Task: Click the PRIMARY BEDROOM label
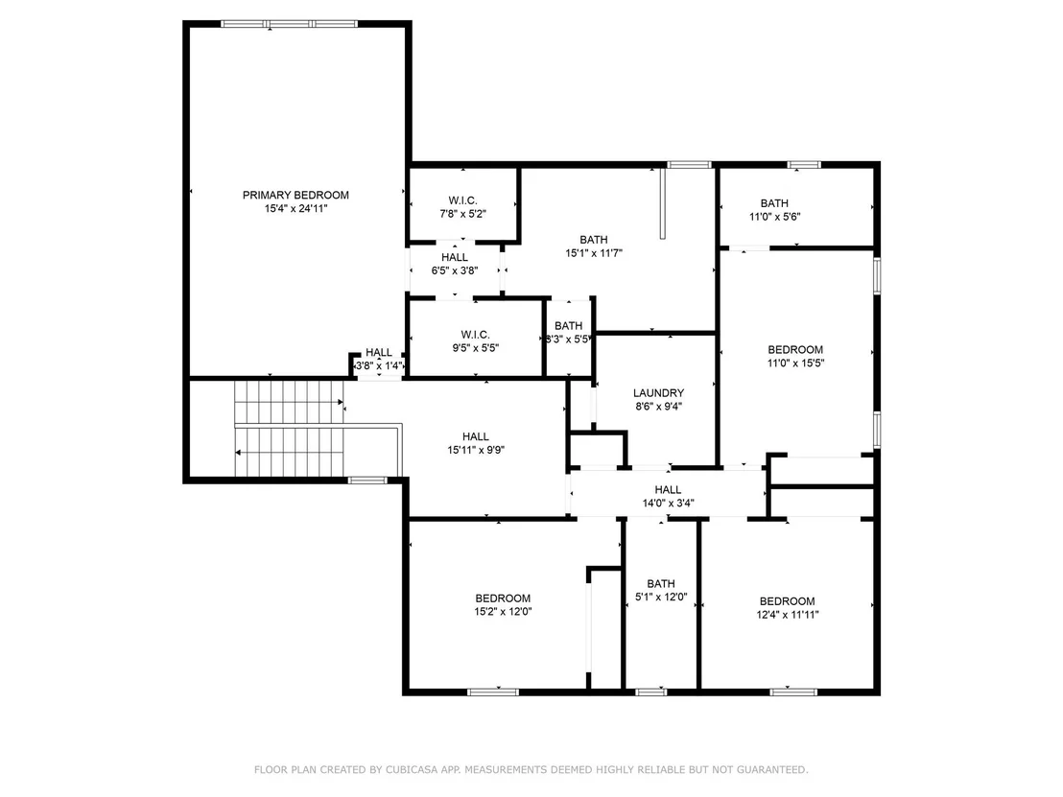click(x=295, y=196)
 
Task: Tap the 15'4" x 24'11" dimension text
click(x=295, y=209)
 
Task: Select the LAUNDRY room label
click(x=658, y=393)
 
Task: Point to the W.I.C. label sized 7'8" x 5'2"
click(x=463, y=200)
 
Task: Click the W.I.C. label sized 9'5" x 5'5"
click(x=475, y=335)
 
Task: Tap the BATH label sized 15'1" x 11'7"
click(x=594, y=240)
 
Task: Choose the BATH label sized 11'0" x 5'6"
click(x=774, y=203)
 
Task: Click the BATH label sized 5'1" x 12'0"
click(x=661, y=583)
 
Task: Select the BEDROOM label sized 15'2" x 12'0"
click(x=503, y=598)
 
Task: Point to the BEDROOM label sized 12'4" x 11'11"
click(x=787, y=601)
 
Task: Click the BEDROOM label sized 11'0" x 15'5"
click(x=795, y=350)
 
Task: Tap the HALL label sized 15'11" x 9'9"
click(x=476, y=436)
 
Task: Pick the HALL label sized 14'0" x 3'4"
click(x=668, y=489)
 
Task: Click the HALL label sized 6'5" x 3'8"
click(x=454, y=258)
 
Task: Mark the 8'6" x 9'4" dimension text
click(x=658, y=407)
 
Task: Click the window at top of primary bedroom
click(x=290, y=24)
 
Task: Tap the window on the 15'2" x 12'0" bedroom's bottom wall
click(x=493, y=692)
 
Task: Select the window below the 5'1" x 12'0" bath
click(x=650, y=692)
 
